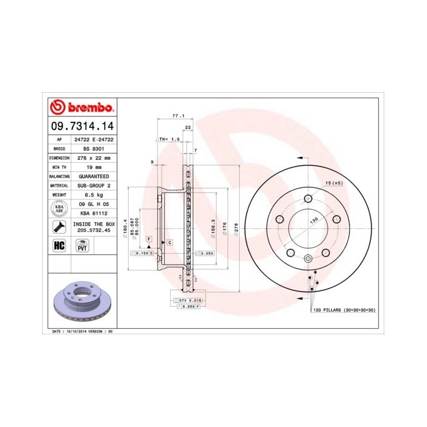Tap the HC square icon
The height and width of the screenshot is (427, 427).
click(59, 245)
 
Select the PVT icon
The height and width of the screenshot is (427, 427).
click(82, 246)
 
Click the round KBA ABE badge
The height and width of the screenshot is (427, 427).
click(59, 209)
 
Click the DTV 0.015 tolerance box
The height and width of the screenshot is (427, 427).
click(189, 300)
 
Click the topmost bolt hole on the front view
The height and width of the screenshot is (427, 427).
click(308, 198)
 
